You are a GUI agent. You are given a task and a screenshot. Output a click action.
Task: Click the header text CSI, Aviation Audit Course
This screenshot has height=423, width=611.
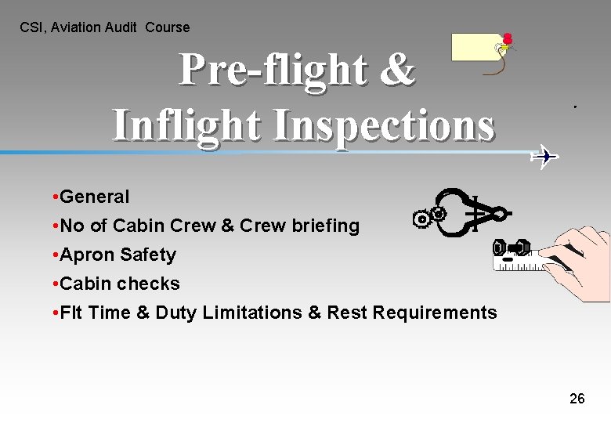pyautogui.click(x=105, y=27)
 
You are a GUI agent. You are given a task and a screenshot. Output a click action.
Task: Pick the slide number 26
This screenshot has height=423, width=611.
pyautogui.click(x=577, y=399)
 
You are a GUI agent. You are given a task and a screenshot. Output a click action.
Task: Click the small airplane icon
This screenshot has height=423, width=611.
pyautogui.click(x=544, y=157)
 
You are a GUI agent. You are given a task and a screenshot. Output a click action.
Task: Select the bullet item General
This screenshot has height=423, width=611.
pyautogui.click(x=94, y=197)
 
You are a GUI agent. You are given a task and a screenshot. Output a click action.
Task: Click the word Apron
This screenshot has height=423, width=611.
pyautogui.click(x=85, y=255)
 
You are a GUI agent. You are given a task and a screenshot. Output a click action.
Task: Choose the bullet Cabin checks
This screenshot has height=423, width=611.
pyautogui.click(x=119, y=284)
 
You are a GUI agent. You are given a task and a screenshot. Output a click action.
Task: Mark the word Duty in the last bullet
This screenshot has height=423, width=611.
pyautogui.click(x=176, y=313)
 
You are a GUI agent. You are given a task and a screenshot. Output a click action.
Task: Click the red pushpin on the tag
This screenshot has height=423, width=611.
pyautogui.click(x=508, y=38)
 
